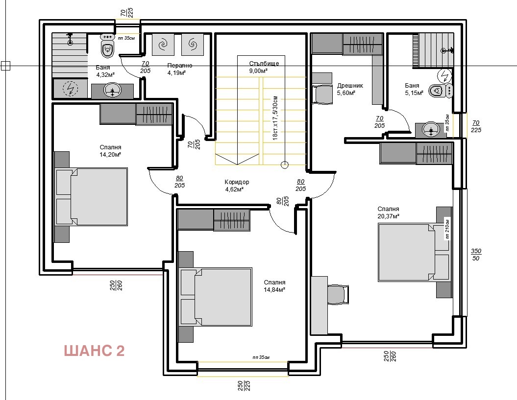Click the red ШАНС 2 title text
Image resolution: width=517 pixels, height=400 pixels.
click(94, 351)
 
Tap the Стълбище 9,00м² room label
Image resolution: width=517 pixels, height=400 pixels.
click(264, 67)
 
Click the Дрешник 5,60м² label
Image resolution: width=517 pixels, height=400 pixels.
click(350, 89)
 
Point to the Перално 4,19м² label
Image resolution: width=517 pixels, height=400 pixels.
click(179, 69)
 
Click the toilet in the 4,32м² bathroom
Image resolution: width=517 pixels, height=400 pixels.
click(107, 47)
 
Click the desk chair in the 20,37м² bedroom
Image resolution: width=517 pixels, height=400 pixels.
click(338, 295)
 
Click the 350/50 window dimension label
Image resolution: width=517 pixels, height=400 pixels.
click(476, 255)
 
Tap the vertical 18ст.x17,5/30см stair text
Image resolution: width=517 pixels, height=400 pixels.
click(275, 118)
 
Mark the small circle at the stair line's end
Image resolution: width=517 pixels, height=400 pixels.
click(285, 165)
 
